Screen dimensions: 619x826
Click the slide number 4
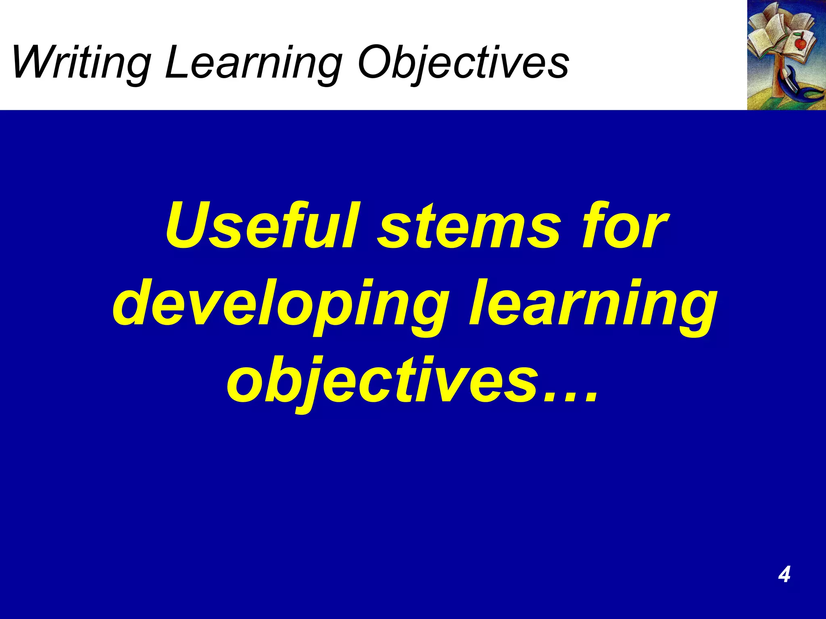[x=784, y=574]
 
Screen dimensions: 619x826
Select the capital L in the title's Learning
[x=177, y=62]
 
